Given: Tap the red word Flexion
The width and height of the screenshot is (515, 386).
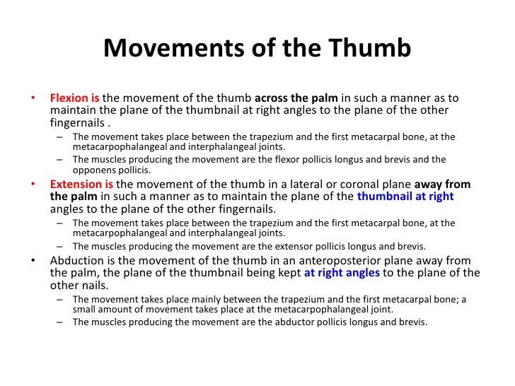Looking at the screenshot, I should (x=70, y=98).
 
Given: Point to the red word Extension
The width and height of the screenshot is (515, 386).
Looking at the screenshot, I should (x=76, y=185).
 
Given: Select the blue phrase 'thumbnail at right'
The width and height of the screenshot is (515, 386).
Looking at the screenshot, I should (x=405, y=197).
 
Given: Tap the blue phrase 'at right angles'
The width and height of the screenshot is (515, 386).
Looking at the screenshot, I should (x=342, y=272).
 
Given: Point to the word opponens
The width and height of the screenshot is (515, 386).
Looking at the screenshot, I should (x=94, y=170).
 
